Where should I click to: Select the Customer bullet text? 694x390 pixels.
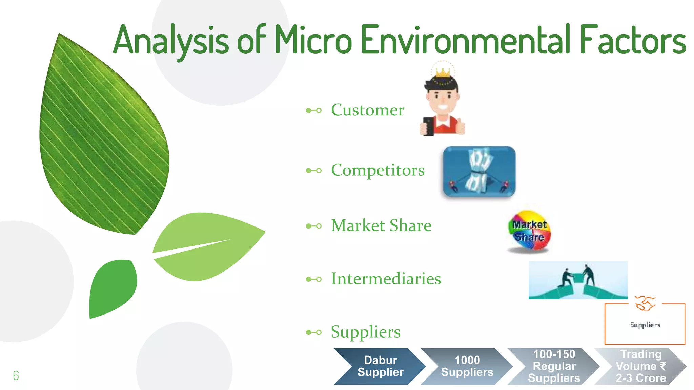[367, 110]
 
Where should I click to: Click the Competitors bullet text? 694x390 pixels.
[377, 170]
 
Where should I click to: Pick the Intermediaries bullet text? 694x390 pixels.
[386, 279]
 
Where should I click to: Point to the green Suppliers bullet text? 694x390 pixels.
[365, 332]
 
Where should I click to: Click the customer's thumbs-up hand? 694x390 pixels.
[460, 127]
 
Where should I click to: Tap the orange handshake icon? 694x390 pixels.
[645, 303]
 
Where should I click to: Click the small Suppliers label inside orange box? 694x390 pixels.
[645, 325]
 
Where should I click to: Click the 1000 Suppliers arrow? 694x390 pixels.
[467, 366]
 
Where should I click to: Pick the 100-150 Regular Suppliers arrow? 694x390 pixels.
[554, 366]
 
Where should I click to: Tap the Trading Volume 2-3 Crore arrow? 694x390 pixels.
[640, 366]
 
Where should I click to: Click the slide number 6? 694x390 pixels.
[16, 375]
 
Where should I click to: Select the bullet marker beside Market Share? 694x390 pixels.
[313, 226]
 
